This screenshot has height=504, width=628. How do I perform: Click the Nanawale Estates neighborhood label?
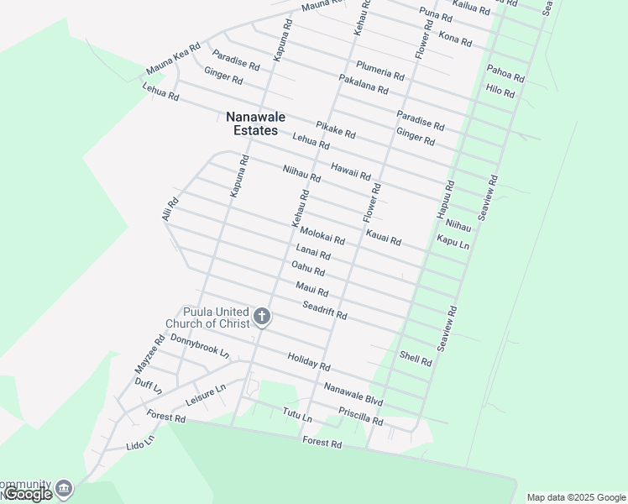click(252, 123)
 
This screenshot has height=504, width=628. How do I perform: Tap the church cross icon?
click(262, 317)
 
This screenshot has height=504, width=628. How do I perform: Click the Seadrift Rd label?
click(325, 310)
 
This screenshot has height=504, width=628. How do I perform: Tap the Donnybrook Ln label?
click(200, 346)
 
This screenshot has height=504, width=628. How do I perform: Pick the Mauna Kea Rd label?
click(174, 59)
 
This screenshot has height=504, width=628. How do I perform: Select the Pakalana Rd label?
click(364, 84)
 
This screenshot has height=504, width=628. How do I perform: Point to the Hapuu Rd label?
click(445, 200)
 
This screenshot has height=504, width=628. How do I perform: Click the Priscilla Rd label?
click(361, 415)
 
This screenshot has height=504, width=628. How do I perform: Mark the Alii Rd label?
click(170, 209)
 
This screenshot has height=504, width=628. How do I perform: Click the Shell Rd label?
click(416, 359)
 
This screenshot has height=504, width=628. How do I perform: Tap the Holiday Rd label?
click(309, 362)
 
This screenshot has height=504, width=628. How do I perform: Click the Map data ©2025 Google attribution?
click(577, 497)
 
